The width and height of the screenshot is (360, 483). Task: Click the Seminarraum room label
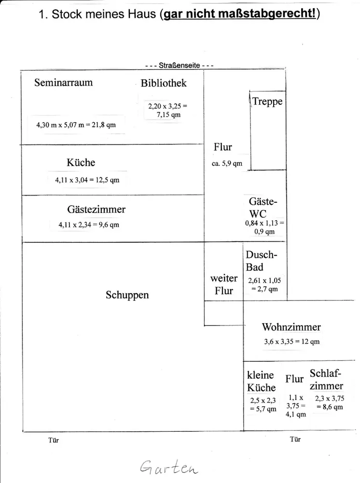point(63,83)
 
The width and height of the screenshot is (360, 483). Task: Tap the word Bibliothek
point(164,83)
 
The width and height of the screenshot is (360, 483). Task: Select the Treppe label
point(267,102)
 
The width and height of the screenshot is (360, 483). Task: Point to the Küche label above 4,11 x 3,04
point(81,162)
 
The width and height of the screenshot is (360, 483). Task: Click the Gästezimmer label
point(96,210)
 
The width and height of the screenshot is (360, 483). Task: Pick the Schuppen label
point(127,295)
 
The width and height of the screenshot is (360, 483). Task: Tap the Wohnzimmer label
point(291,327)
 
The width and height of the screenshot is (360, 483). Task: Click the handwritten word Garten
point(169,467)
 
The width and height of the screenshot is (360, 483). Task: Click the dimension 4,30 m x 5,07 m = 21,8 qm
point(76,125)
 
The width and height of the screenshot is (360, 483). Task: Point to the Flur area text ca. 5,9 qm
point(227,164)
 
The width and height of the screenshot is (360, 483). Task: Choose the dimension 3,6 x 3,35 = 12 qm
point(291,342)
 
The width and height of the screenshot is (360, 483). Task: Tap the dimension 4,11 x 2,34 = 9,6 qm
point(89,225)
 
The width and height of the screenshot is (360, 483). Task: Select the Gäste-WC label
point(263,208)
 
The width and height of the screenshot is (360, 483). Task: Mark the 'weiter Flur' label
point(224,284)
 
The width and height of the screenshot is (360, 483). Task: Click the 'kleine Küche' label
point(261,381)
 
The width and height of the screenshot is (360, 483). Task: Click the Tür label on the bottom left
point(54,440)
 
